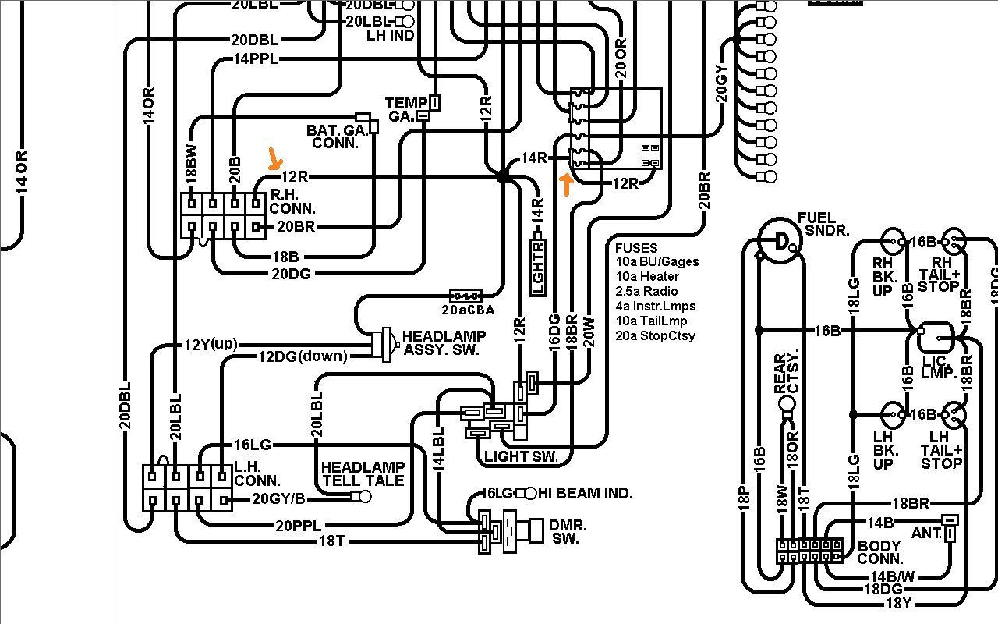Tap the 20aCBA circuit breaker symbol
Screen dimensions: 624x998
[466, 296]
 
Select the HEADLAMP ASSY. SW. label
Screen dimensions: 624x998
[444, 343]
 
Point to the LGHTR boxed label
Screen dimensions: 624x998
[537, 268]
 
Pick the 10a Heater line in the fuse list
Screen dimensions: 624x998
[647, 276]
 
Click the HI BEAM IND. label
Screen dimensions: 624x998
[585, 493]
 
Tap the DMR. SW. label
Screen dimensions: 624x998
[568, 531]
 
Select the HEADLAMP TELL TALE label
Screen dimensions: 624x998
[363, 473]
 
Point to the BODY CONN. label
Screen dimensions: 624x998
[879, 553]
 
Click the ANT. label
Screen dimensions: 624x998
[925, 534]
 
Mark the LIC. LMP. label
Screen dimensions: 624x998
[939, 367]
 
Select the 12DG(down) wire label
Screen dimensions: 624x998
[303, 356]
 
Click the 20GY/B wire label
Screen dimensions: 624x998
[278, 499]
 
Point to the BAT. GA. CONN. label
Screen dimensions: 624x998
[337, 136]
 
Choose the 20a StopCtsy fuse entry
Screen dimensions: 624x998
[655, 335]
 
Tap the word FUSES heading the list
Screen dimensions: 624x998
[636, 247]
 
